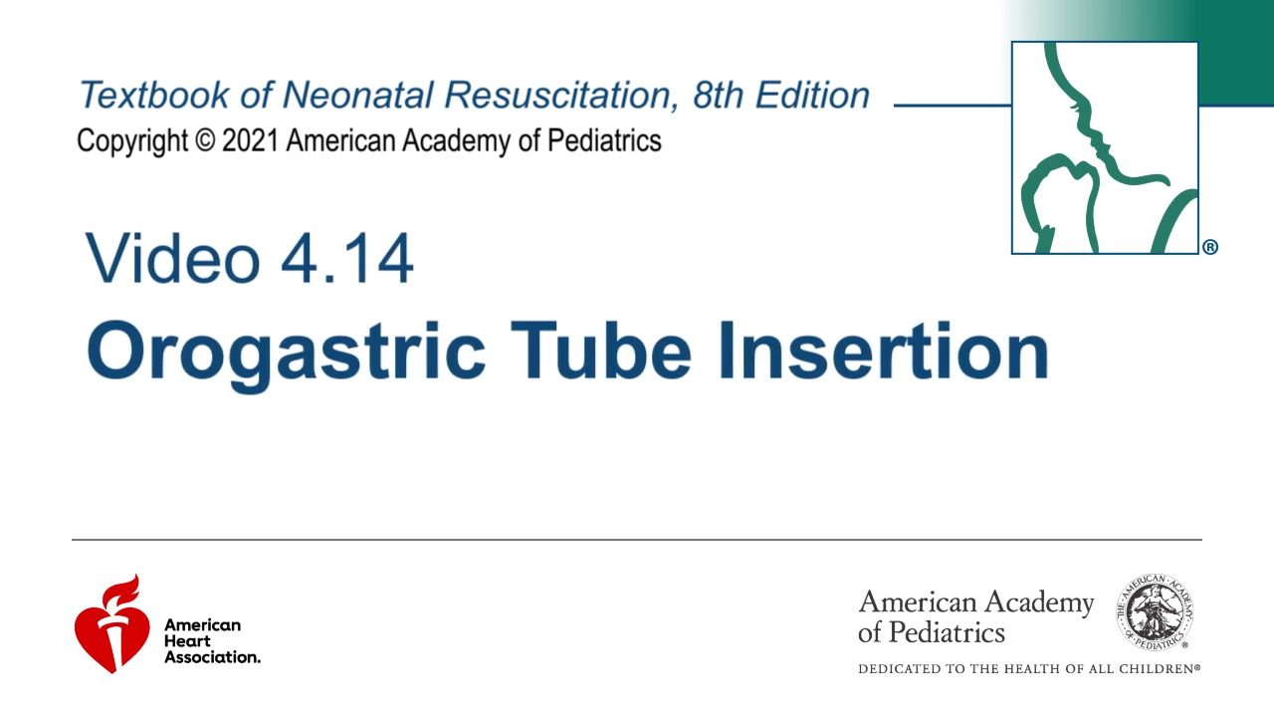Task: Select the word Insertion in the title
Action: [884, 351]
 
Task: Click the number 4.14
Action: [347, 258]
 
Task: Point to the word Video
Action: [172, 258]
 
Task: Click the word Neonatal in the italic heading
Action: [357, 95]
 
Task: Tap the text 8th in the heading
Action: [718, 95]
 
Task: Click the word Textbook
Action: [153, 95]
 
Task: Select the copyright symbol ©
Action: [205, 141]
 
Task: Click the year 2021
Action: [251, 140]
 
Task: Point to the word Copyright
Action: [132, 141]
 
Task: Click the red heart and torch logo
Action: [112, 624]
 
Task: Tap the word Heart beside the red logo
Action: [187, 640]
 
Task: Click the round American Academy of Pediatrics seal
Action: [1155, 612]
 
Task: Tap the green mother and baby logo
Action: [1105, 148]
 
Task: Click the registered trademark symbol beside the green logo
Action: [1210, 248]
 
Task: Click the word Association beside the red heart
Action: [212, 657]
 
